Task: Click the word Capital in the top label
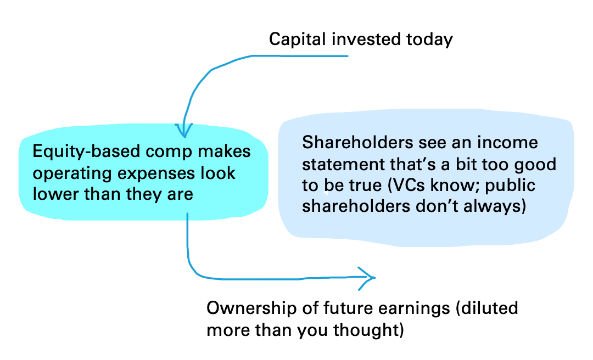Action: pyautogui.click(x=297, y=40)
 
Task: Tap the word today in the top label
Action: pyautogui.click(x=429, y=40)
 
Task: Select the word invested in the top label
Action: pyautogui.click(x=366, y=39)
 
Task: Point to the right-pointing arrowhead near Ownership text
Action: pyautogui.click(x=367, y=278)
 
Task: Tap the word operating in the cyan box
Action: pyautogui.click(x=72, y=173)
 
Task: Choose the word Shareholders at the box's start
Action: pyautogui.click(x=357, y=143)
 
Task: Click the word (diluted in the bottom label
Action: pyautogui.click(x=486, y=308)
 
